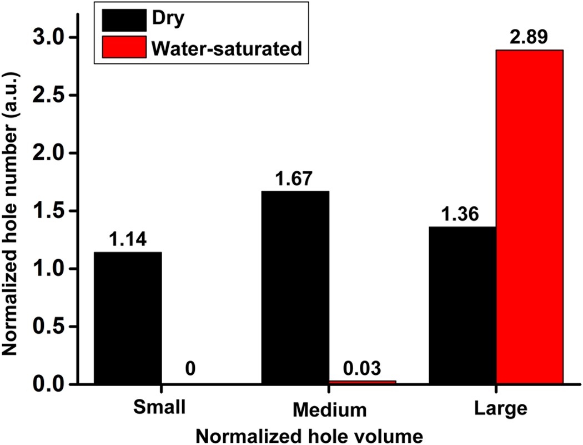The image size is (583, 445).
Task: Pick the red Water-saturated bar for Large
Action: (x=530, y=217)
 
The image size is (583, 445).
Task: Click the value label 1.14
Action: (x=128, y=240)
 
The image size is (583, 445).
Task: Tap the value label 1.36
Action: (x=461, y=215)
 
